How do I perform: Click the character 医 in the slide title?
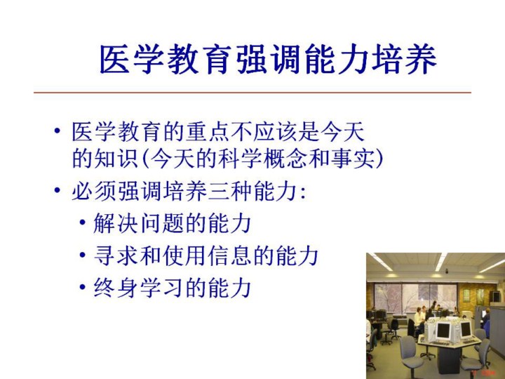[x=115, y=60]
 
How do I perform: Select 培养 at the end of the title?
[x=404, y=60]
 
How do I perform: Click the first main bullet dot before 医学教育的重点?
[x=58, y=131]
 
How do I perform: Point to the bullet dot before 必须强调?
[x=58, y=190]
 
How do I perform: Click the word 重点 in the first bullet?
[x=208, y=131]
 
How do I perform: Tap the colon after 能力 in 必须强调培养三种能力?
[x=302, y=193]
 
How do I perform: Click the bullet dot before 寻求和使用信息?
[x=83, y=255]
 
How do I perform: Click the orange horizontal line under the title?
[x=252, y=93]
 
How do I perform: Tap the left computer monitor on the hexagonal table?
[x=443, y=331]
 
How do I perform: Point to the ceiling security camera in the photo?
[x=447, y=271]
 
